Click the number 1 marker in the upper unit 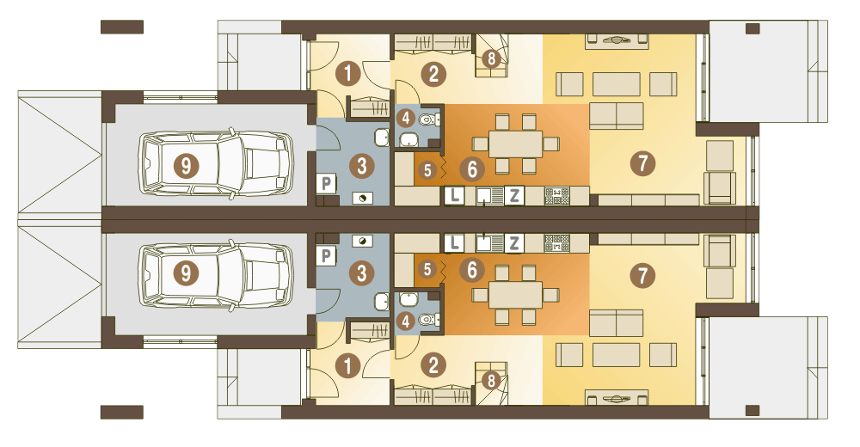(x=347, y=73)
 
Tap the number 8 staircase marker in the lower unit (x=491, y=380)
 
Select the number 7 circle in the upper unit (x=642, y=162)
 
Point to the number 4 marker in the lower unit (x=406, y=321)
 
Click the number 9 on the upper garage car (x=186, y=165)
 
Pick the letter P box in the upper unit (x=326, y=183)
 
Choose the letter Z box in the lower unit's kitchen (x=514, y=242)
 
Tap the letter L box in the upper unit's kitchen (x=454, y=195)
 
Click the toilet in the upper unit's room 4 (x=428, y=119)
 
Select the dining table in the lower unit (x=515, y=295)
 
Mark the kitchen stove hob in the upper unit (x=556, y=196)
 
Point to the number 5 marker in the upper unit (x=427, y=170)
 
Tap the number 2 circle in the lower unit (x=433, y=364)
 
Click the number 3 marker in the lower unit (x=361, y=272)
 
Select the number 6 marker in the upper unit (x=472, y=169)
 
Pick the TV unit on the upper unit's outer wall (x=617, y=41)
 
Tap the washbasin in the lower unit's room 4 (x=408, y=299)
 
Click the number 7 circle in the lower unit (x=642, y=275)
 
